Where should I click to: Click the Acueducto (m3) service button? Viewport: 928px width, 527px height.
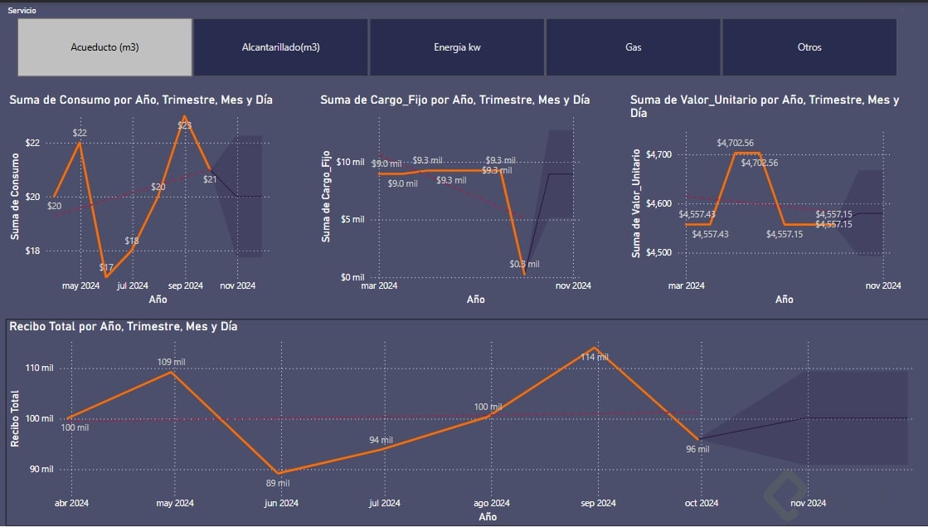coord(104,47)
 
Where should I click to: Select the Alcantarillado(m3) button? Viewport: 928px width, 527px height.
coord(280,47)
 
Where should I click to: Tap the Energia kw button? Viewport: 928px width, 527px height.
coord(457,47)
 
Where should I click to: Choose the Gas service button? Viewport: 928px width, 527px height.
coord(634,47)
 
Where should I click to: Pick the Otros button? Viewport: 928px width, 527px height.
coord(809,47)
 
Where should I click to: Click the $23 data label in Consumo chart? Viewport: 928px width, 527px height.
coord(184,125)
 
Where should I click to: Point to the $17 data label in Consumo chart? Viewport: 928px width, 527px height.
coord(106,267)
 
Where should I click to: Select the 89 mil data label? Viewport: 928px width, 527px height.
coord(276,482)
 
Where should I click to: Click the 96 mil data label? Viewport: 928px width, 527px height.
coord(697,449)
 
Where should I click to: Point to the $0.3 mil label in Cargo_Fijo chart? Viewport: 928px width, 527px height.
coord(524,264)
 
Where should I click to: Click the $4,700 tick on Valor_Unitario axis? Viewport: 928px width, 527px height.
coord(659,154)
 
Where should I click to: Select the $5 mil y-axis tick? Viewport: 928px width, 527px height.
coord(352,219)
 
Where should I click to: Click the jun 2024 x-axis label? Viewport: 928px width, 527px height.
coord(281,503)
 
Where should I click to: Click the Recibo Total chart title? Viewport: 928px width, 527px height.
coord(124,326)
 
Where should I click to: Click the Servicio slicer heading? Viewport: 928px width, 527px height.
coord(22,10)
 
